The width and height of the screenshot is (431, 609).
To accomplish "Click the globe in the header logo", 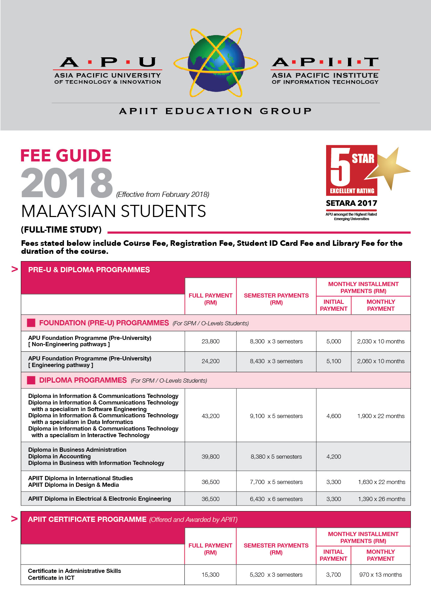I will [216, 63].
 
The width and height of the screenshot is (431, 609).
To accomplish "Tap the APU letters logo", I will [108, 62].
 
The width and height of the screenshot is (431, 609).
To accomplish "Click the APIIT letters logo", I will [325, 62].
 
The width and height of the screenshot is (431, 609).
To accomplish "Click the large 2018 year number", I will [67, 183].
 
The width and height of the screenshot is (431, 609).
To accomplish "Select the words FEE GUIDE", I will [66, 156].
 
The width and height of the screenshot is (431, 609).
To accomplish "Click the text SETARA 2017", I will [351, 203].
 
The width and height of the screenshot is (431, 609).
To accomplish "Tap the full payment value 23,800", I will [210, 341].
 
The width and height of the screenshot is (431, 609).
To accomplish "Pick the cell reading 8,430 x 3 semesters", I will [276, 361].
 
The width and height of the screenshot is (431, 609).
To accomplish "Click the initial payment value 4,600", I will [333, 416].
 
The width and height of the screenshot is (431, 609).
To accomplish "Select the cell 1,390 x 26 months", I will [381, 499].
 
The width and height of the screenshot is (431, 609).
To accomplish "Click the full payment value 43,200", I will [210, 416].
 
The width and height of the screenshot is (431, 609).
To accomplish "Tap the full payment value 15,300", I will [210, 575].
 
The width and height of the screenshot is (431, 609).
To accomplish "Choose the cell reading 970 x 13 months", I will [380, 575].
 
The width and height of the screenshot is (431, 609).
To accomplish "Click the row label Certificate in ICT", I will [51, 578].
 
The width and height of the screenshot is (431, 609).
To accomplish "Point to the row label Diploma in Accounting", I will [59, 456].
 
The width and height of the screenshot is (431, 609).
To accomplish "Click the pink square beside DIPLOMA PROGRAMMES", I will [31, 380].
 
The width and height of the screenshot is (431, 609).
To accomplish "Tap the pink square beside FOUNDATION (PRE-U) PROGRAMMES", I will [31, 323].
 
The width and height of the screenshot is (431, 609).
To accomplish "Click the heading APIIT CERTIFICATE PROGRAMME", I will [87, 519].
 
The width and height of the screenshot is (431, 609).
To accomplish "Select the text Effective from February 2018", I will [163, 194].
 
